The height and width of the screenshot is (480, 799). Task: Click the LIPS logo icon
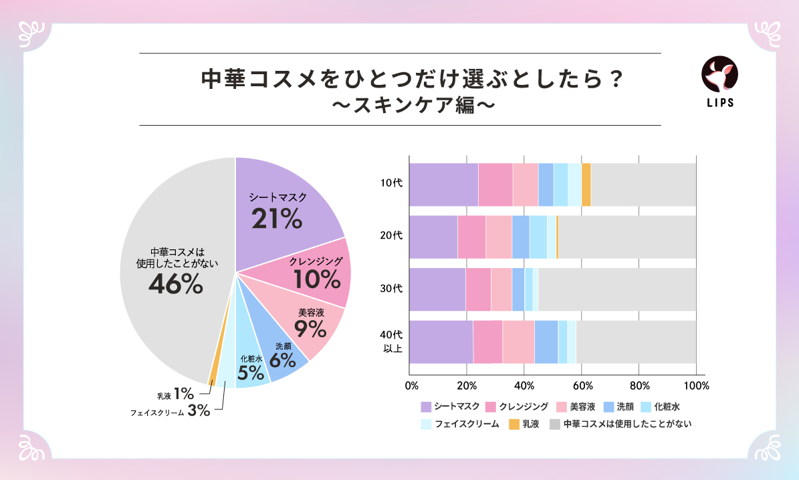tap(719, 75)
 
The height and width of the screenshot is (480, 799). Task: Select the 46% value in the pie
tap(175, 285)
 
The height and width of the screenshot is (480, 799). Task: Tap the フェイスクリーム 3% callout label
tap(170, 411)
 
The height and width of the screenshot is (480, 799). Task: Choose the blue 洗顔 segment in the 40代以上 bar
tap(546, 342)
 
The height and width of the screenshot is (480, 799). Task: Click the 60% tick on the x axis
tap(582, 386)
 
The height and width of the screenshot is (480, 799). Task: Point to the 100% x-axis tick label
tap(697, 386)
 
